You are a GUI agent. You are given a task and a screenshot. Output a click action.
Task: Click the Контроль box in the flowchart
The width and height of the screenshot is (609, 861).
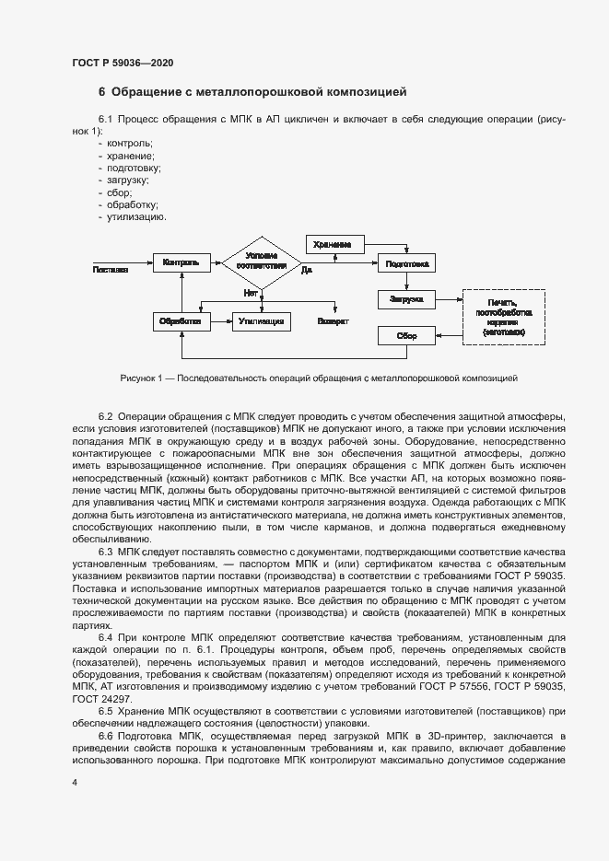click(181, 263)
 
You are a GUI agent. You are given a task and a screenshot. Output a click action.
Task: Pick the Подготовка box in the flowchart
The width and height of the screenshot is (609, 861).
click(405, 263)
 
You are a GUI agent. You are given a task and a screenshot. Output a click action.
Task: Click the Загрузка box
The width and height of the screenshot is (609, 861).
click(405, 299)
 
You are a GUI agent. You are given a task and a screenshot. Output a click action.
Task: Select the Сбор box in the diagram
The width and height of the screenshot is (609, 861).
click(405, 336)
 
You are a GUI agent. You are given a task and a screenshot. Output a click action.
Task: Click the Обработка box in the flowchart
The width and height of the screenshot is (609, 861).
click(181, 321)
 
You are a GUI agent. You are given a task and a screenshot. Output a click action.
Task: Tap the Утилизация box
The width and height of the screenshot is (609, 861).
click(262, 321)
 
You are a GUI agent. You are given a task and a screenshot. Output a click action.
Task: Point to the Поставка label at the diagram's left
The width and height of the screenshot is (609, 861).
click(110, 270)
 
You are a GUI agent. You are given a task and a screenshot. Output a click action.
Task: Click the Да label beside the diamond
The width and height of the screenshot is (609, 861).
click(306, 270)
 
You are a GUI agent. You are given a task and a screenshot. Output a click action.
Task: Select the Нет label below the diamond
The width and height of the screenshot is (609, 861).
click(250, 293)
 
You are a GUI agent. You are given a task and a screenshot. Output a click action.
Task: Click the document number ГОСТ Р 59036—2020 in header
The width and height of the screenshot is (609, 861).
click(123, 63)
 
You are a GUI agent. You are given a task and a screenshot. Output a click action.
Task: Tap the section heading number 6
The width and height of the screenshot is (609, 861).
click(102, 92)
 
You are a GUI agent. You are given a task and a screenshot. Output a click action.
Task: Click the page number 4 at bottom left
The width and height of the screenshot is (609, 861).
click(75, 782)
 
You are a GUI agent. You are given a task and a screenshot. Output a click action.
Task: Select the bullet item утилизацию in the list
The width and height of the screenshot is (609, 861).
click(136, 217)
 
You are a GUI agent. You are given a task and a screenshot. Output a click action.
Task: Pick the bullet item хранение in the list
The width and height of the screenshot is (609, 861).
click(131, 157)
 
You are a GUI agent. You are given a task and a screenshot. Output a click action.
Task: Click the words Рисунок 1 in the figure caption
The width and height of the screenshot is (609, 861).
click(140, 378)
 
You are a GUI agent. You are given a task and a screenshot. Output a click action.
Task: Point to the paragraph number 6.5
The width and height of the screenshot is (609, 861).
click(106, 712)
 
